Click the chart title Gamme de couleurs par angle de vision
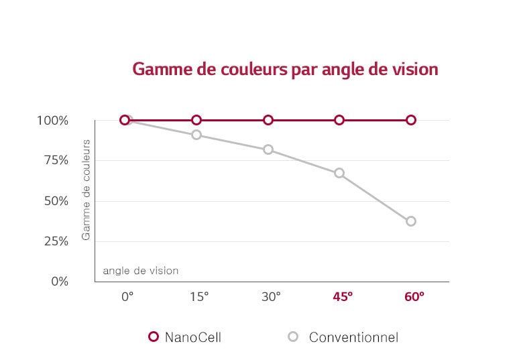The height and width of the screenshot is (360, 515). click(285, 70)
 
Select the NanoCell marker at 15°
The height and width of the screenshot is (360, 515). click(196, 120)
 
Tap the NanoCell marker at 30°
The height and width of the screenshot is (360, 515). click(268, 120)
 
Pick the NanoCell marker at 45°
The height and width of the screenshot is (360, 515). click(339, 120)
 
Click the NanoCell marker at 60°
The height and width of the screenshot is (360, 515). click(411, 120)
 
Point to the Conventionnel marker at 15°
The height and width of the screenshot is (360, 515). click(196, 135)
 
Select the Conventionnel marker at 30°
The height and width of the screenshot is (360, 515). click(268, 149)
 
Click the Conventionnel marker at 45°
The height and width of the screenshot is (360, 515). click(339, 173)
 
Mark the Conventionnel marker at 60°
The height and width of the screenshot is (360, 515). click(411, 221)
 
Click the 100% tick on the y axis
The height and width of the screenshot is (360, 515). click(54, 121)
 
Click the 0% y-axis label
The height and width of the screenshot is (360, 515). click(60, 282)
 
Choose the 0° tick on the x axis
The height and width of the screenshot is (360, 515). click(127, 296)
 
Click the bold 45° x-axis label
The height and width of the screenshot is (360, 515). click(343, 296)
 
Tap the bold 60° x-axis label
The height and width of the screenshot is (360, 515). click(414, 296)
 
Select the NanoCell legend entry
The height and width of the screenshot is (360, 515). click(185, 337)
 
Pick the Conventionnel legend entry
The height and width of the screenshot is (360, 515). click(344, 337)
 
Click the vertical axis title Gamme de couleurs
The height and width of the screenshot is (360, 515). click(86, 190)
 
